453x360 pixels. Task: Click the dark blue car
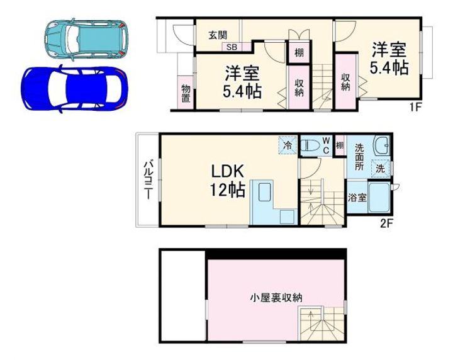tap(74, 88)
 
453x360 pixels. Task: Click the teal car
tap(87, 39)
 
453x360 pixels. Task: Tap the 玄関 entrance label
tap(218, 35)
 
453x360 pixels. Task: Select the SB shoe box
tap(232, 47)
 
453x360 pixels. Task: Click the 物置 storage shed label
tap(186, 93)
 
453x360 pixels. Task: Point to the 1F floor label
tap(415, 107)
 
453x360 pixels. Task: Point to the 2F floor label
tap(387, 223)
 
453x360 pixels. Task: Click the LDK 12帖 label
tap(228, 181)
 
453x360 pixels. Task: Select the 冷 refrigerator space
tap(288, 145)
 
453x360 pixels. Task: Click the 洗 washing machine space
tap(381, 168)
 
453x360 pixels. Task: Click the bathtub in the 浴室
tap(379, 198)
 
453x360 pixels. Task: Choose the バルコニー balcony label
tap(148, 180)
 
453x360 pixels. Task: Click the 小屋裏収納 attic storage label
tap(276, 297)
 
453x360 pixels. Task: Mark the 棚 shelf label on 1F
tap(299, 53)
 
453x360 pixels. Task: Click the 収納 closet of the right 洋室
tap(345, 82)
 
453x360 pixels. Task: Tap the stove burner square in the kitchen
tap(287, 217)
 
